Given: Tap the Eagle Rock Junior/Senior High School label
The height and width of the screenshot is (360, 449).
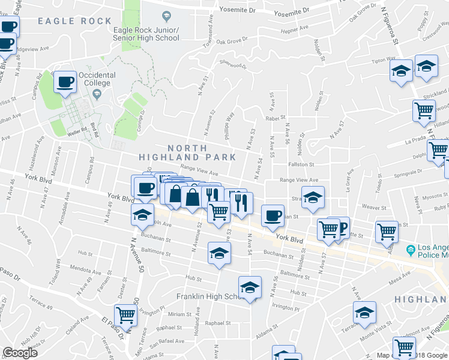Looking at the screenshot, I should (146, 34).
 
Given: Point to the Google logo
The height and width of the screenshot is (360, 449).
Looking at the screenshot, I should (20, 353).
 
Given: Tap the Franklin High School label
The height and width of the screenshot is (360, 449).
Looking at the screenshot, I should (207, 297).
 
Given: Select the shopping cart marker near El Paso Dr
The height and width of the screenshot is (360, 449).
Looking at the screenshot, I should (125, 314).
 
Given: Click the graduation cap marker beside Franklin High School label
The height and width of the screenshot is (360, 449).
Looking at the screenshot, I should (250, 287).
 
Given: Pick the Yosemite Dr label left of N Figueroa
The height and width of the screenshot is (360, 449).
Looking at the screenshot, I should (291, 11).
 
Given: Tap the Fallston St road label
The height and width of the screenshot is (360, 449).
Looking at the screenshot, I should (301, 164).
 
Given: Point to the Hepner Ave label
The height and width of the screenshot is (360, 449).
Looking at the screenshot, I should (295, 28).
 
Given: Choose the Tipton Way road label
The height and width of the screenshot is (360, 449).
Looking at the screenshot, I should (382, 61).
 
